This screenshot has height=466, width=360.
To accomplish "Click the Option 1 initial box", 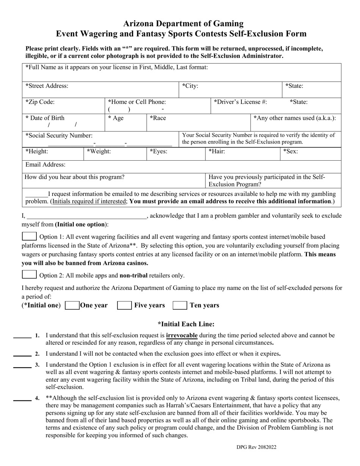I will click(29, 236).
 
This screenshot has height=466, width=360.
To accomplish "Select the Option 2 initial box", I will click(29, 275).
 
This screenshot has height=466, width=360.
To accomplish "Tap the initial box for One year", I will click(72, 305).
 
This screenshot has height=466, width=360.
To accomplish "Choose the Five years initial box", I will click(124, 305).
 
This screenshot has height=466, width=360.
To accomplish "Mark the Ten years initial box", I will click(180, 305).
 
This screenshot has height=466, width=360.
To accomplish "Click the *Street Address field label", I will click(47, 86).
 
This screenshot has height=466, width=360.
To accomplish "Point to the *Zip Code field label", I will click(40, 102).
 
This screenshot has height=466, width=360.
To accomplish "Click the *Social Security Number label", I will click(59, 136).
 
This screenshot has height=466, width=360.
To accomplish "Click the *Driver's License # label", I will click(240, 102).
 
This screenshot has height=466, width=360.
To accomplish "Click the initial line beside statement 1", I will click(22, 337).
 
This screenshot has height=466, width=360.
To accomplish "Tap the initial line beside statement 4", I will click(22, 400).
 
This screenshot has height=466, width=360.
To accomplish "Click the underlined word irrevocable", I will click(182, 335).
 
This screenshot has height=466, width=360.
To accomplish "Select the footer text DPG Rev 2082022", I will click(257, 447).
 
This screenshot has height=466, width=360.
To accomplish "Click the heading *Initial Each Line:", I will click(186, 324).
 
